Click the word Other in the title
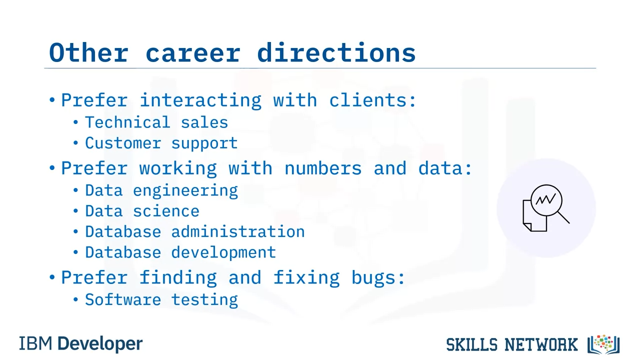88,52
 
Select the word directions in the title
336,52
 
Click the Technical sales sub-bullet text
156,122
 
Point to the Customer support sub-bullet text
161,143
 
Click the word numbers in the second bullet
323,168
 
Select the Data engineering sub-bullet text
161,191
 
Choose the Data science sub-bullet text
142,211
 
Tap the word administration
238,231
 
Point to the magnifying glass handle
563,217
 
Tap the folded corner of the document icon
527,227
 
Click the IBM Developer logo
81,343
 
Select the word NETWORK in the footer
541,344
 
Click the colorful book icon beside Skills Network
603,344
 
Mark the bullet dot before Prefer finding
52,277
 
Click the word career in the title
193,53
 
